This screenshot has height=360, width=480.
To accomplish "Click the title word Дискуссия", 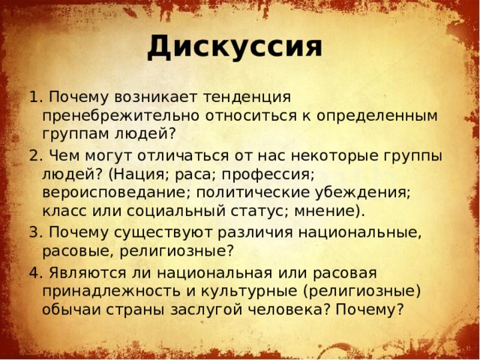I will (235, 47).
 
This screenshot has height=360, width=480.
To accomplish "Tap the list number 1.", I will (32, 97).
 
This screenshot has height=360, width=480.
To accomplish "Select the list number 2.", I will (32, 155).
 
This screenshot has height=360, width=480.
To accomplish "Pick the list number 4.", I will (32, 271).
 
